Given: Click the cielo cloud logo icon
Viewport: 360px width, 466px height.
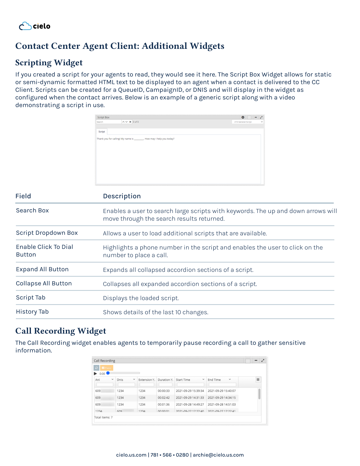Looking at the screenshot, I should pos(25,26).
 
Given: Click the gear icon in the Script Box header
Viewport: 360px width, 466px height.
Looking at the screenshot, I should pos(243,117).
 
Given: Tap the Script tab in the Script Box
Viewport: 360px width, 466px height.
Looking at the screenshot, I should pos(102,132).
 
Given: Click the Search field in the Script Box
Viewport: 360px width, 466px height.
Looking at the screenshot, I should pos(108,122).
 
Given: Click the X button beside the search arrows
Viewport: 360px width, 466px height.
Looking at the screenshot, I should pos(130,122).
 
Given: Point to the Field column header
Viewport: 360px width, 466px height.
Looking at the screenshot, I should pos(23,196).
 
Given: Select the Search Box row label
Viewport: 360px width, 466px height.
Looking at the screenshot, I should pos(32,211).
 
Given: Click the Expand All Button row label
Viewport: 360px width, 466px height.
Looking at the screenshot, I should pos(42,269).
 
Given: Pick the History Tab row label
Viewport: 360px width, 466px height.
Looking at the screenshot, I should pos(32,312).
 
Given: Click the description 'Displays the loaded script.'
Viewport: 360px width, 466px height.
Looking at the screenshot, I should pos(141,298).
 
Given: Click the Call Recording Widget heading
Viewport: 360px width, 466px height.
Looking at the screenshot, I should pos(61,331).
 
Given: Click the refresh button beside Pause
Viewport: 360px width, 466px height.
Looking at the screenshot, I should pos(96,368).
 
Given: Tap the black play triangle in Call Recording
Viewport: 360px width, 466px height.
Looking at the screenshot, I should pos(95,374).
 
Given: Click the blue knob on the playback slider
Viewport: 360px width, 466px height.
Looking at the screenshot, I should pos(108,373).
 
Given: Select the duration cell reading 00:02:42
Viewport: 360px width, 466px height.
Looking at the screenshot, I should pos(164,398).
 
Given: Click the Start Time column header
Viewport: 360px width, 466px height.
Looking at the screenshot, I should pos(183,380).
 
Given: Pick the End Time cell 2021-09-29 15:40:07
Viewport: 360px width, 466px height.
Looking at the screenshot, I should pos(222,391).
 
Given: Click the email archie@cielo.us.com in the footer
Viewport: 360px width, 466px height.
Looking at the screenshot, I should pos(218,455).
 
